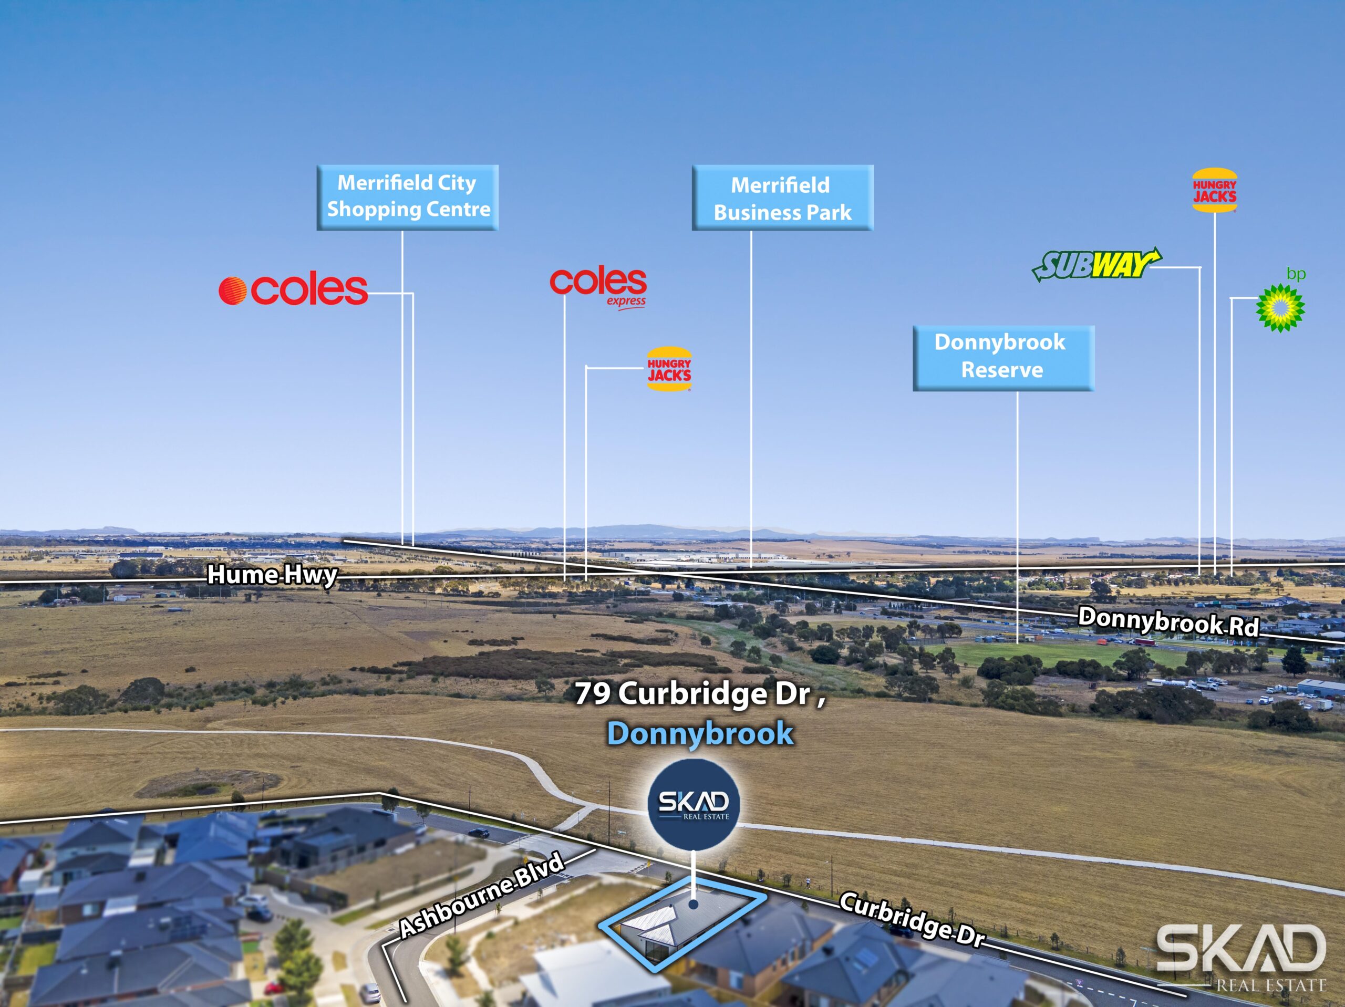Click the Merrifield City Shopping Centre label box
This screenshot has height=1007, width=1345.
click(x=407, y=197)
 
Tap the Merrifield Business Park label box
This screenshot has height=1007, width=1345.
click(x=782, y=198)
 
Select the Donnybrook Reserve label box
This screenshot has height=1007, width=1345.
click(x=1003, y=358)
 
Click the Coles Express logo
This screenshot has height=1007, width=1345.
click(x=598, y=286)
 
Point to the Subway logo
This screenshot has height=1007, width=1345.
click(x=1095, y=265)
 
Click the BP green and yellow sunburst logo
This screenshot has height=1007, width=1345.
click(x=1280, y=308)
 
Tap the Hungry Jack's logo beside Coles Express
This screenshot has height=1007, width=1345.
click(x=669, y=369)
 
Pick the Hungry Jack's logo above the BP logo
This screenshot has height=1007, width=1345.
click(x=1214, y=190)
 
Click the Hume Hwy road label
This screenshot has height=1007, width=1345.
click(x=272, y=575)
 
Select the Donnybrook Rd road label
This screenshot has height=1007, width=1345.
click(x=1168, y=621)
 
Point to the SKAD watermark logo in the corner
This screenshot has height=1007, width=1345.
click(x=1240, y=958)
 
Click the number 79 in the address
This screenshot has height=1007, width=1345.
click(x=592, y=693)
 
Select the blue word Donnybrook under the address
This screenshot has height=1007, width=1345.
click(x=700, y=733)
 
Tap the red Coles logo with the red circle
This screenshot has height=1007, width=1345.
click(x=293, y=290)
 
